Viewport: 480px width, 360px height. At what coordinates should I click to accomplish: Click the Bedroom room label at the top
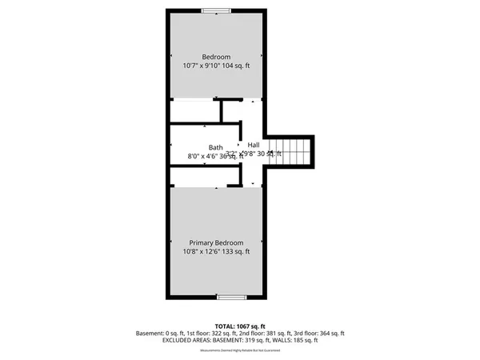coord(216,57)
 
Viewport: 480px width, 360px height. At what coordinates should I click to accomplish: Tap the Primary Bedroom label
coord(216,242)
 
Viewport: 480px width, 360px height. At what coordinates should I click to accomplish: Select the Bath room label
coord(216,147)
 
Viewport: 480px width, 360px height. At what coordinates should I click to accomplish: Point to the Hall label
coord(254,145)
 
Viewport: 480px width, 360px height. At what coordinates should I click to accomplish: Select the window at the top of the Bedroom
coord(215,10)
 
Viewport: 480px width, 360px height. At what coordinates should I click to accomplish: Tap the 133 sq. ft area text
coord(234,251)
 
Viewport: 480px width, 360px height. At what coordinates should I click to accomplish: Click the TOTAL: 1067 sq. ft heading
coord(239,326)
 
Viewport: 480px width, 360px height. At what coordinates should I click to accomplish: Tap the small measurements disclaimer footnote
coord(239,350)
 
